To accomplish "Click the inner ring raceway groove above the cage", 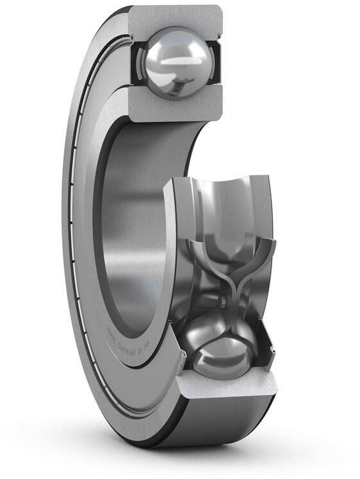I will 224,205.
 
